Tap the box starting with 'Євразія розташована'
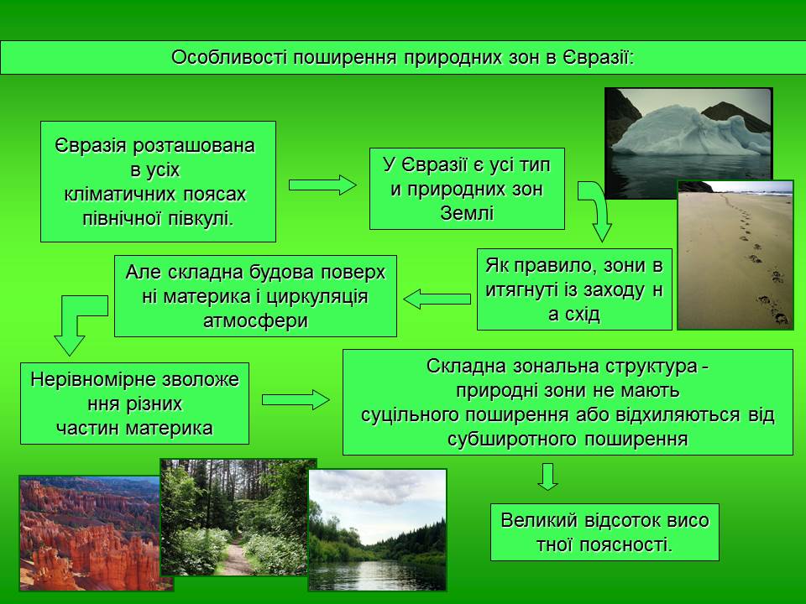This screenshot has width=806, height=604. [x=158, y=182]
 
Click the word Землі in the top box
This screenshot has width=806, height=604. [x=467, y=213]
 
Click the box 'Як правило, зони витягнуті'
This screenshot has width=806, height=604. [x=574, y=289]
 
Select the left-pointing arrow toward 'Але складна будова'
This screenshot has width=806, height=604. [x=437, y=299]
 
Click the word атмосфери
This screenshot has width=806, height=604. [x=255, y=320]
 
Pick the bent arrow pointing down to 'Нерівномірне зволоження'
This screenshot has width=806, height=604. [x=76, y=323]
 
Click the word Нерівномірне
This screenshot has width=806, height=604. [x=81, y=379]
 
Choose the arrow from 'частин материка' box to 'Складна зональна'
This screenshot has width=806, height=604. [x=296, y=400]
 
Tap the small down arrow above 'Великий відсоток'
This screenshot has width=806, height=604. [x=548, y=476]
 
